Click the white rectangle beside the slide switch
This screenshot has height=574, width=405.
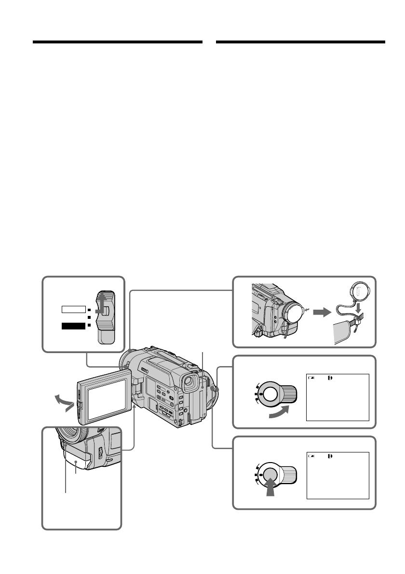[73, 310]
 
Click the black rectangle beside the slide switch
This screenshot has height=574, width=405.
[73, 327]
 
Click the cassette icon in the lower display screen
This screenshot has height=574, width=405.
[330, 455]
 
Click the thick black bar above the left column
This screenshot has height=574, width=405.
[117, 42]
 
